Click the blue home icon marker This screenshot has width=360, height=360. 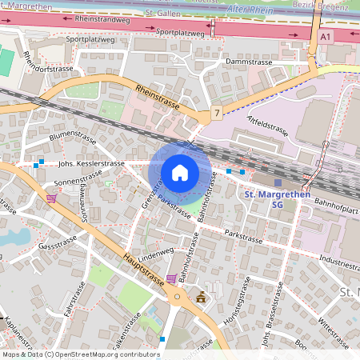click(180, 172)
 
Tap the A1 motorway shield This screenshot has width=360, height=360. click(325, 37)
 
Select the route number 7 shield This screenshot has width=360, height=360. click(216, 114)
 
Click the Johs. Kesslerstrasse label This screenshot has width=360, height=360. click(91, 163)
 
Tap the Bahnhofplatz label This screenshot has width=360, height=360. click(336, 210)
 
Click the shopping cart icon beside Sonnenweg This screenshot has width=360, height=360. click(52, 198)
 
